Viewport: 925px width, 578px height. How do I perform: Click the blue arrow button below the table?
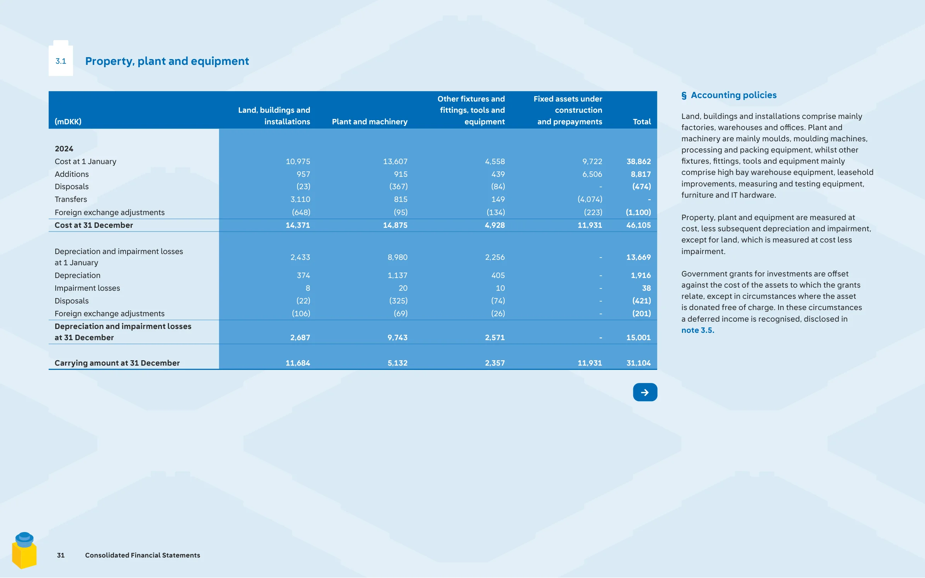645,392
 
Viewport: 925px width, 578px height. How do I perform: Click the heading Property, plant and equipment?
167,61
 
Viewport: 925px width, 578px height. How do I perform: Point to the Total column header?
642,122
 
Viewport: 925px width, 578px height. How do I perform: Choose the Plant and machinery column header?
370,122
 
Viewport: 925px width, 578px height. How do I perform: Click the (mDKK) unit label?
68,122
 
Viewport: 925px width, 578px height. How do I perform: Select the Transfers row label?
71,199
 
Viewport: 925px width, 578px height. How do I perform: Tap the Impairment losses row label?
87,288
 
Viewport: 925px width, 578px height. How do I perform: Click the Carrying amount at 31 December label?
117,363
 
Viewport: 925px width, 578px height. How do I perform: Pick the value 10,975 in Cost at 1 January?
298,161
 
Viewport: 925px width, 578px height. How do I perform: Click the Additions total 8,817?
641,174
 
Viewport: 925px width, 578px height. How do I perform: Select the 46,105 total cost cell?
638,225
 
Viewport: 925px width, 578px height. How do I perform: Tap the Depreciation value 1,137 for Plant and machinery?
398,275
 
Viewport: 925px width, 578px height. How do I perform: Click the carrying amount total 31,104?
638,363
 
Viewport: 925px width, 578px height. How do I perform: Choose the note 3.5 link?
698,330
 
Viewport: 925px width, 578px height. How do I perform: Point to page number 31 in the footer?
61,555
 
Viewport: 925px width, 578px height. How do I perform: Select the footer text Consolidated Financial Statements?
143,555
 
